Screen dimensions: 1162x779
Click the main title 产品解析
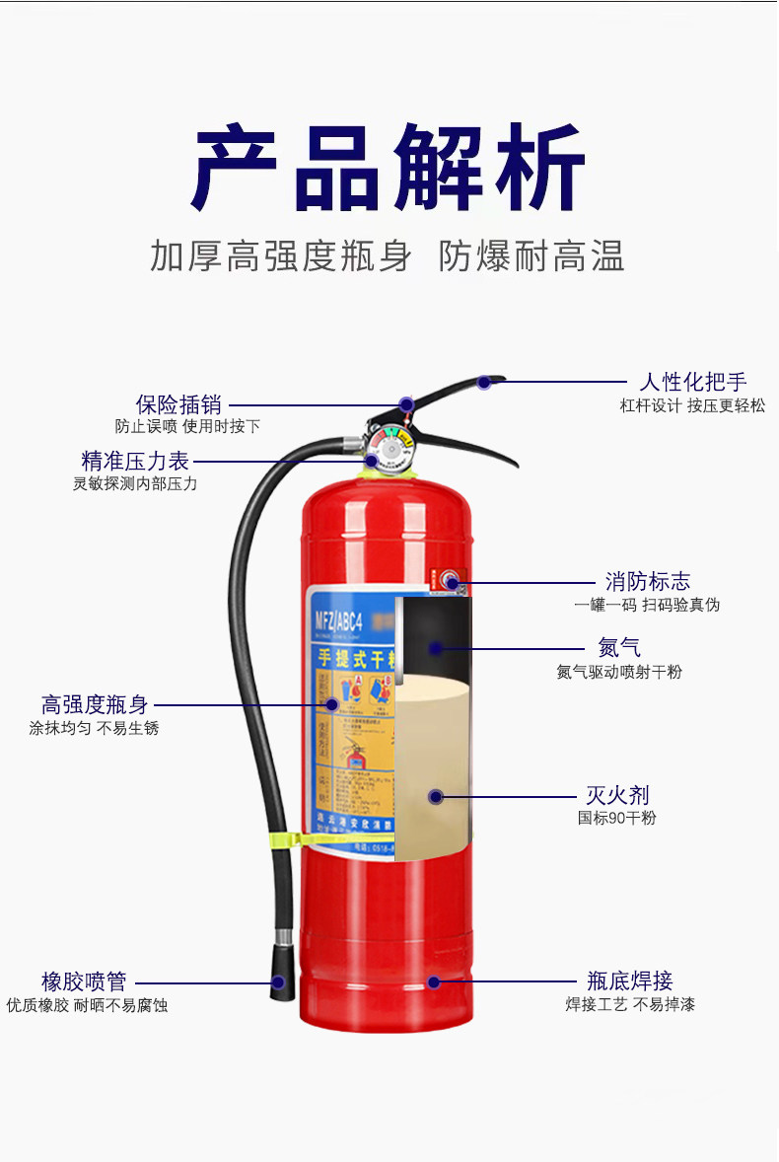pyautogui.click(x=389, y=168)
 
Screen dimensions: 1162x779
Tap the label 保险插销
pyautogui.click(x=178, y=404)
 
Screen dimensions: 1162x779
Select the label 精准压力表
pyautogui.click(x=135, y=461)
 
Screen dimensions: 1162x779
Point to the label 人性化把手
pyautogui.click(x=693, y=382)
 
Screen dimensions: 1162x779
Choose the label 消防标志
pyautogui.click(x=647, y=581)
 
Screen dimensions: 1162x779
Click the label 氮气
pyautogui.click(x=619, y=647)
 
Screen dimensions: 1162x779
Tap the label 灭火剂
pyautogui.click(x=617, y=795)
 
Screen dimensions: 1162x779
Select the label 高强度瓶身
pyautogui.click(x=95, y=704)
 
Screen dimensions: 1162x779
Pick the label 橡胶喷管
pyautogui.click(x=84, y=981)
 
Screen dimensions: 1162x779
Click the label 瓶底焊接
pyautogui.click(x=629, y=980)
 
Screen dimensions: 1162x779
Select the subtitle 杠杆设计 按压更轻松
pyautogui.click(x=692, y=405)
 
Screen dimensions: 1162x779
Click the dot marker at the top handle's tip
pyautogui.click(x=484, y=382)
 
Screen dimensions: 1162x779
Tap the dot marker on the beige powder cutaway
pyautogui.click(x=435, y=796)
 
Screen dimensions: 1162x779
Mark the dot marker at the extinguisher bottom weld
pyautogui.click(x=433, y=981)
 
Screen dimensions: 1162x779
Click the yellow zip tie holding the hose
pyautogui.click(x=296, y=839)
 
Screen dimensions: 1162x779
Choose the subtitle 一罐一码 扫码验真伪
pyautogui.click(x=647, y=605)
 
